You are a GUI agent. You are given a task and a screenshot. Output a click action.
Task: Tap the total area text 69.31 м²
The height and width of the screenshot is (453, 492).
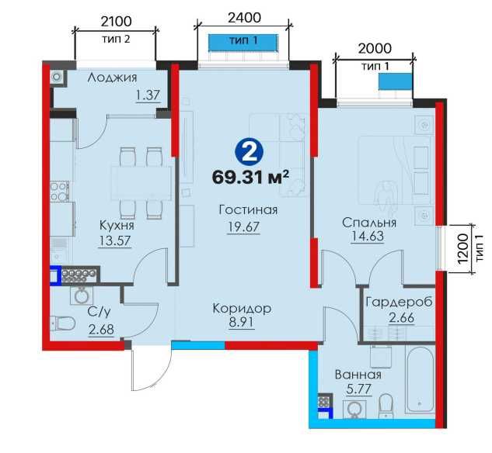tap(250, 178)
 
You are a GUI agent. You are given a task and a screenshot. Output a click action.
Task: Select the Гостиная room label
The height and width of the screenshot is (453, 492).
tap(248, 209)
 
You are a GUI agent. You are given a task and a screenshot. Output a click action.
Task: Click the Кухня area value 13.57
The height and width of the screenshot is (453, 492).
tap(115, 240)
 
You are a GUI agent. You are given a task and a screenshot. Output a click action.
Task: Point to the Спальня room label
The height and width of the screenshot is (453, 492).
tap(369, 223)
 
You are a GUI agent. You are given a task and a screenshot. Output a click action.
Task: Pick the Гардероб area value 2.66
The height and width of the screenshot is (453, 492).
tap(402, 318)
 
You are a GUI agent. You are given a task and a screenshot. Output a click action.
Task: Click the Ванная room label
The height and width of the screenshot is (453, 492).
tap(358, 375)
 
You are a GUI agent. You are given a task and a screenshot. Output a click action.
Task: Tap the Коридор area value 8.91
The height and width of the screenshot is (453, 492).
tap(241, 322)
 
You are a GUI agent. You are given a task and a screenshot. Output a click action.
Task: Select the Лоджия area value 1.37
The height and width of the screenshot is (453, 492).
tap(148, 95)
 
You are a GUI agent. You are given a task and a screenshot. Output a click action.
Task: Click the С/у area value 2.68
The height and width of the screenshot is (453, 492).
tap(101, 330)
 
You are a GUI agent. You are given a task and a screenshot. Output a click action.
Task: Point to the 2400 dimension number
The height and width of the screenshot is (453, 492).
tap(244, 18)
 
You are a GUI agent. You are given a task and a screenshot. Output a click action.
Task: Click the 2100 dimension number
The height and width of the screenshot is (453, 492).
tap(116, 21)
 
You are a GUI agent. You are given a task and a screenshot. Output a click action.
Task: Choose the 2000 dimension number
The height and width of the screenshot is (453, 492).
tap(375, 48)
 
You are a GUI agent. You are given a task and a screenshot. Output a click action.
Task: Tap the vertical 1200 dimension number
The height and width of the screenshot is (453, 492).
tap(462, 249)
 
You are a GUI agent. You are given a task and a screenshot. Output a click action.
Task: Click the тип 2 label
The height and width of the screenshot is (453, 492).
tap(116, 39)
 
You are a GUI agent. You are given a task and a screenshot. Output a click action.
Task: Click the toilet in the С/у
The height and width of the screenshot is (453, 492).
tap(62, 323)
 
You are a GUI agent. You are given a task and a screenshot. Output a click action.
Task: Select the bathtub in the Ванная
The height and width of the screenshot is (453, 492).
tap(420, 379)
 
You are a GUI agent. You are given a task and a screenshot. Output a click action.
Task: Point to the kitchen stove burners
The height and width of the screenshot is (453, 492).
tap(60, 192)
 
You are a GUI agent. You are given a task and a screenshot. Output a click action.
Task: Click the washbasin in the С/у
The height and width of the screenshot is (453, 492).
tap(82, 295)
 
